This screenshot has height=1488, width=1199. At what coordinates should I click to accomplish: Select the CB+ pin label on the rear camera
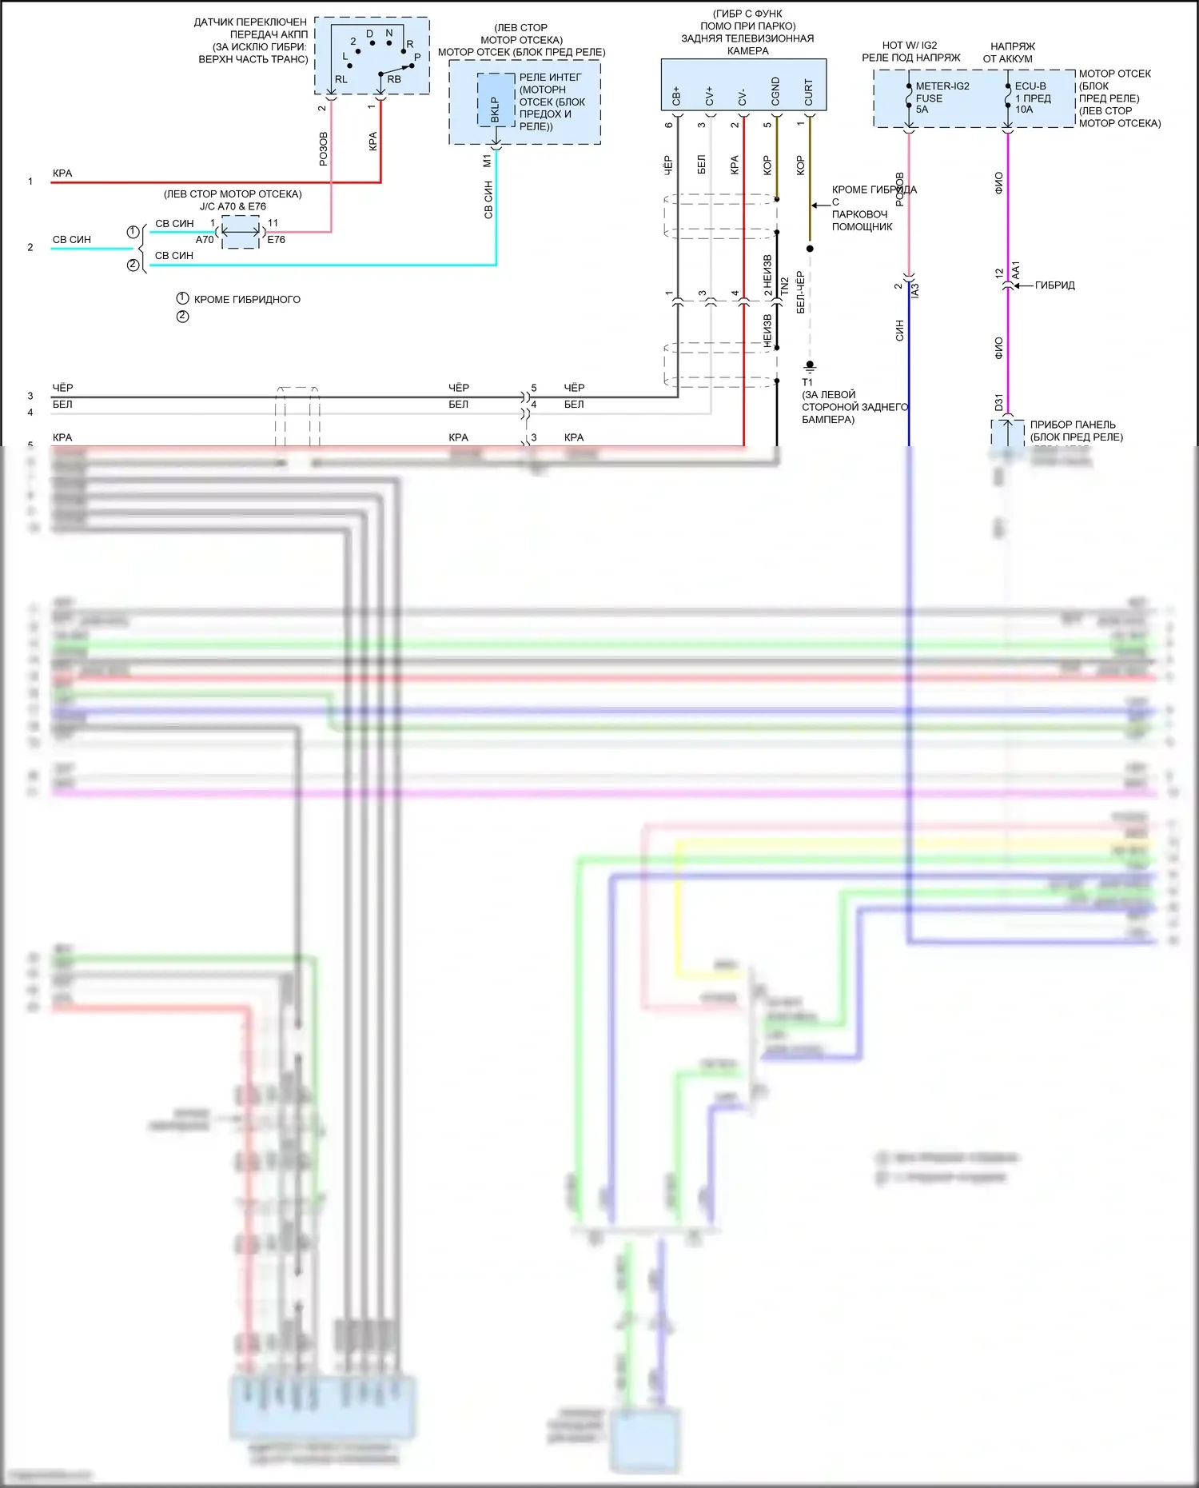click(x=676, y=96)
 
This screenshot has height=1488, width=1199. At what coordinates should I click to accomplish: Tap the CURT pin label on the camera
click(x=809, y=93)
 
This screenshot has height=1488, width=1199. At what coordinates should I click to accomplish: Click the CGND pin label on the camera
click(x=775, y=92)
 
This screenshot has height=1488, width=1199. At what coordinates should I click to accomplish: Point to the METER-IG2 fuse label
click(x=942, y=86)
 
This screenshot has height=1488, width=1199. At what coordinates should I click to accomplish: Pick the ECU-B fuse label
click(x=1030, y=86)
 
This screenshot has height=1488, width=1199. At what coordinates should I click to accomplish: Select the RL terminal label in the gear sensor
click(x=341, y=80)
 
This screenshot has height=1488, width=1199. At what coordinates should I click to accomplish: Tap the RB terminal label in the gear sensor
click(x=394, y=80)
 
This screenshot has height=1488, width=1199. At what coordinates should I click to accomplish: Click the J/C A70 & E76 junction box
click(x=241, y=232)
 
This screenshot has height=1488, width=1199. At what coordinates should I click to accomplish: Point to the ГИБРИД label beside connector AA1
click(x=1054, y=285)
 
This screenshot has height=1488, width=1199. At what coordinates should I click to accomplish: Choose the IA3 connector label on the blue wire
click(x=915, y=291)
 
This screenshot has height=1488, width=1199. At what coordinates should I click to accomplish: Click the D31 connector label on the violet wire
click(x=999, y=402)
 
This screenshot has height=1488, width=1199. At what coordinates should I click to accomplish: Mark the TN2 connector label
click(x=784, y=287)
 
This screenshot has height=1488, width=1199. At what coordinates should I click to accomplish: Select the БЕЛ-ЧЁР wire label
click(x=800, y=292)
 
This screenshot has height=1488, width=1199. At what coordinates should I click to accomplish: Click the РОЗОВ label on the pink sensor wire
click(x=324, y=150)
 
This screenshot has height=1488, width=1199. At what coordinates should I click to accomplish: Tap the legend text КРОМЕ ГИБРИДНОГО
click(x=247, y=300)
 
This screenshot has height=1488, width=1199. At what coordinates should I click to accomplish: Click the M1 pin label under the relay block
click(x=488, y=162)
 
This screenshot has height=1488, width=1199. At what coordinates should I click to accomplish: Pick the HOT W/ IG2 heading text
click(x=909, y=46)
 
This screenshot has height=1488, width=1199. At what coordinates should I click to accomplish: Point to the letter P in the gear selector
click(x=417, y=57)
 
